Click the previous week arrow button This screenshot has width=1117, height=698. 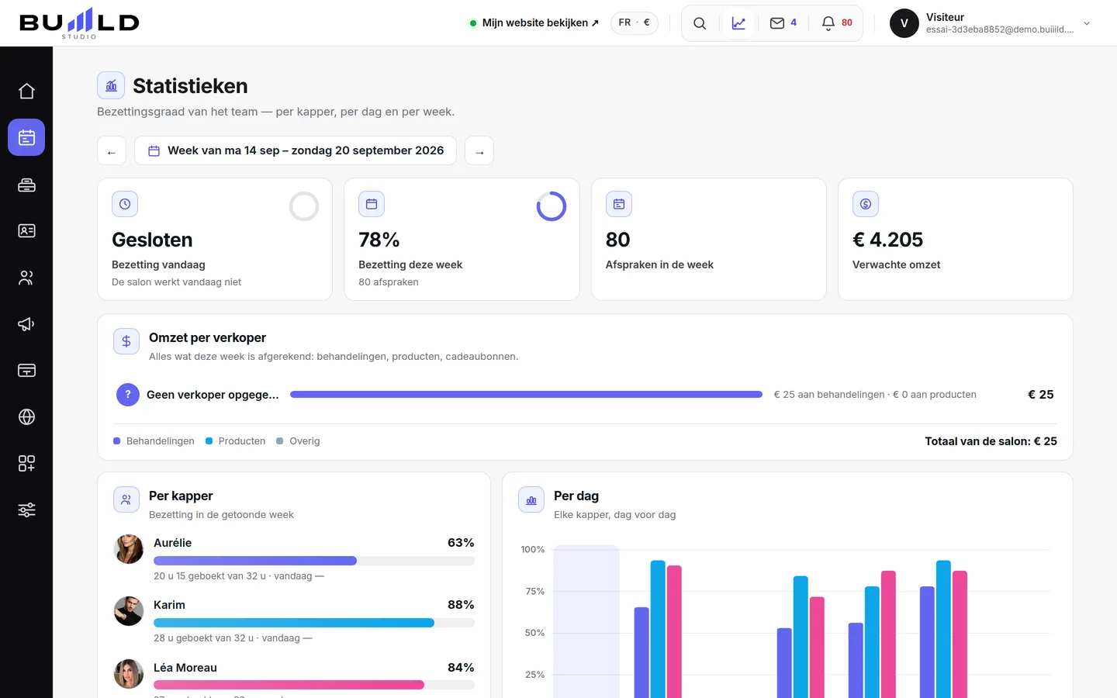tap(112, 150)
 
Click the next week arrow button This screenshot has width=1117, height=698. tap(479, 150)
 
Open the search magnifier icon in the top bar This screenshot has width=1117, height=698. tap(700, 23)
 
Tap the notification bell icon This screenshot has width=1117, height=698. tap(828, 23)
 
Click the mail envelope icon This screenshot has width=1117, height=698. tap(777, 23)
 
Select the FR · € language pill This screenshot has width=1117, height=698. tap(635, 23)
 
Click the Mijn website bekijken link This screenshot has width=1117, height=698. tap(534, 23)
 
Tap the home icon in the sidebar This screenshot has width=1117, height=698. tap(26, 92)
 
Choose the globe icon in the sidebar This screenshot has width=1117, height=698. tap(26, 416)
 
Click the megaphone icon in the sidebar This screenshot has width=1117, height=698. tap(26, 324)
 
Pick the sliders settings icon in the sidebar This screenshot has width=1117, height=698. tap(26, 510)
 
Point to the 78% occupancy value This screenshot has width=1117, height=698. tap(379, 240)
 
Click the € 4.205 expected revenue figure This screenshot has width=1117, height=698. tap(887, 240)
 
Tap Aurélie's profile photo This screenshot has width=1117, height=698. tap(129, 549)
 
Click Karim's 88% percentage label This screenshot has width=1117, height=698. tap(461, 605)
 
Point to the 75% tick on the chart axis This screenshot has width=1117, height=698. tap(534, 591)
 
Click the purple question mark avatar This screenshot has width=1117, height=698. tap(128, 394)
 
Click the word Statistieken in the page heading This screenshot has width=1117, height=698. tap(190, 86)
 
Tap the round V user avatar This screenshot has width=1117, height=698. tap(904, 23)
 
